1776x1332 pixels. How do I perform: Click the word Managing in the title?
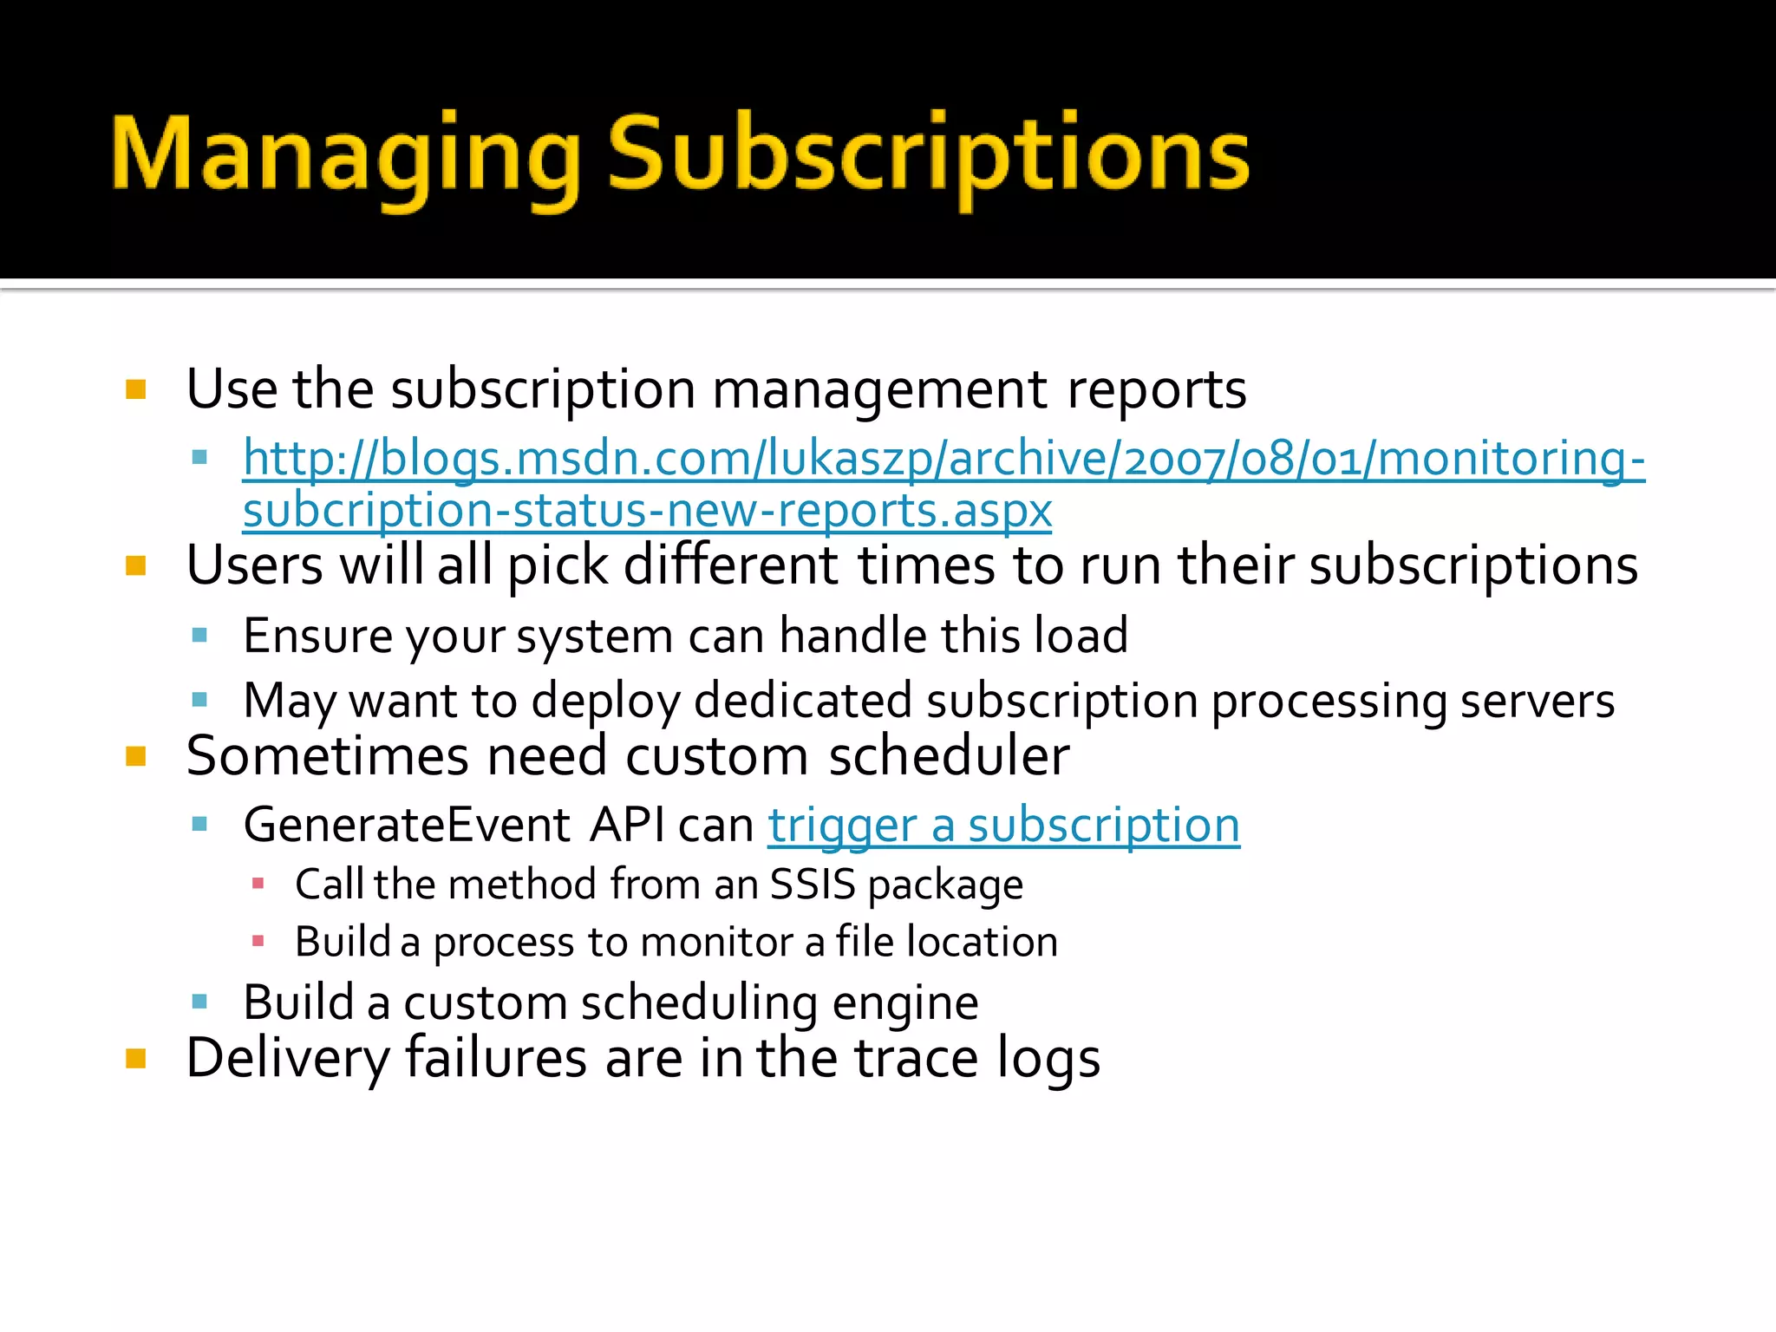coord(345,156)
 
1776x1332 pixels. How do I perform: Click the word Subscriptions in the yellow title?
coord(928,156)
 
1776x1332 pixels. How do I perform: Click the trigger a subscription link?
coord(1003,825)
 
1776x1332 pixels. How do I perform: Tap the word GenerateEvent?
coord(407,825)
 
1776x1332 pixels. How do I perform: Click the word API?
coord(628,825)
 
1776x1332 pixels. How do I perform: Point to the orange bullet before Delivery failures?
coord(136,1059)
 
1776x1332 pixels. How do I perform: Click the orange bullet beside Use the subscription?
coord(136,389)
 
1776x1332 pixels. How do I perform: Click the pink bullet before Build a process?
coord(258,942)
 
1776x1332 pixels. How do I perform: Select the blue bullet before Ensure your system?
coord(200,636)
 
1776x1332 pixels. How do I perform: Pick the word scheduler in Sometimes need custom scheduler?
coord(949,756)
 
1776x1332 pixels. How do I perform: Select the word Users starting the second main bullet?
coord(255,565)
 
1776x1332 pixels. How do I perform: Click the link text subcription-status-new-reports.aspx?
coord(647,511)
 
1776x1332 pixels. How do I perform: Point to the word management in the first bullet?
coord(879,389)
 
